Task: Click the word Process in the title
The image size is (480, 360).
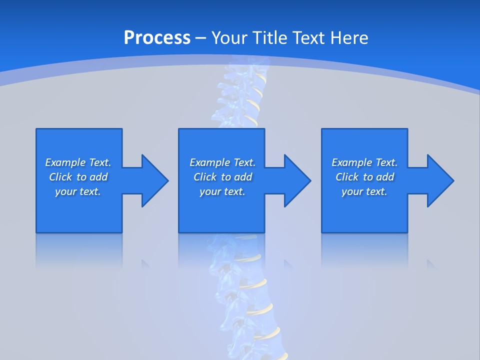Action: point(157,38)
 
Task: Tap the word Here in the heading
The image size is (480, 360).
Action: point(349,38)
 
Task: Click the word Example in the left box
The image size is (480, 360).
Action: point(65,162)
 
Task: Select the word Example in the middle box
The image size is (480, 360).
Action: point(209,162)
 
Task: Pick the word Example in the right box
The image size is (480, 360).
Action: point(351,162)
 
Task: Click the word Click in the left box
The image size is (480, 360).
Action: point(60,177)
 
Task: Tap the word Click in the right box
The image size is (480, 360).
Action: point(347,177)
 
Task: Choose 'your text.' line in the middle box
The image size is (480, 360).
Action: point(222,191)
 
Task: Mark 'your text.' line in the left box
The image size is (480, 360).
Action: point(78,191)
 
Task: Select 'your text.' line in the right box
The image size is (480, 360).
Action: point(364,191)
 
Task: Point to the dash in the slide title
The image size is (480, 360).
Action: point(200,38)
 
